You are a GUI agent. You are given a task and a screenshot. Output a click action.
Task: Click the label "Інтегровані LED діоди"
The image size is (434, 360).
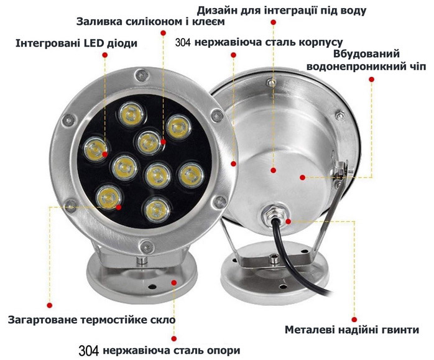coord(76,44)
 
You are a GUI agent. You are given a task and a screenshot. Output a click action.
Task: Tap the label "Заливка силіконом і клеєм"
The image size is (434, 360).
coord(150,22)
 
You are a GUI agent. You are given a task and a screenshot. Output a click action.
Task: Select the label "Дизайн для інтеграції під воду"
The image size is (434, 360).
coord(282,11)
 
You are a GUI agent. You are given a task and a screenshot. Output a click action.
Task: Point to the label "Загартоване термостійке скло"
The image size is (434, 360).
coord(91,320)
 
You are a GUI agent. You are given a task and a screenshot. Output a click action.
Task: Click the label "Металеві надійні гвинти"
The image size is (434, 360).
coord(352,330)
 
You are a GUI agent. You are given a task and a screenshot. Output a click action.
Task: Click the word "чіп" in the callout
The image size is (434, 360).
coord(418,67)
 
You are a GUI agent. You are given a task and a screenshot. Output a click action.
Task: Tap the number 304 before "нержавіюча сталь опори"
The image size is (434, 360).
coord(88,351)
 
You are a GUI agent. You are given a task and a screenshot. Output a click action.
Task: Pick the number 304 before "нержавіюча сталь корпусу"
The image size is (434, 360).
coord(183,42)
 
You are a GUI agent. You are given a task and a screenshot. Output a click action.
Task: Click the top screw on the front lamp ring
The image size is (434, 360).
coord(142,75)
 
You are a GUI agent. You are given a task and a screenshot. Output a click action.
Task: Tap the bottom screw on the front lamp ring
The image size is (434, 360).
coord(146,246)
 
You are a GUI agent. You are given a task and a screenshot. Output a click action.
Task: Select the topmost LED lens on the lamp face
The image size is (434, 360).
coord(131,114)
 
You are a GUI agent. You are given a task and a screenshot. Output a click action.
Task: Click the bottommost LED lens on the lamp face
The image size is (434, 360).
coord(157,210)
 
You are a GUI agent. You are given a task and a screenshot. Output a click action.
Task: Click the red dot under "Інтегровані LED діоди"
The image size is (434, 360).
coord(105,55)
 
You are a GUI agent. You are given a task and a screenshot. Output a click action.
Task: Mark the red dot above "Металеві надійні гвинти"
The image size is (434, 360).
coord(354,320)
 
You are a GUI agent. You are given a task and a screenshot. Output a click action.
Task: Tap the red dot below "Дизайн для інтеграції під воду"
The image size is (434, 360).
coord(273,22)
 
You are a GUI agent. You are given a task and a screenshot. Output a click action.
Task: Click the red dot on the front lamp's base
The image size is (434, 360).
coord(174,282)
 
